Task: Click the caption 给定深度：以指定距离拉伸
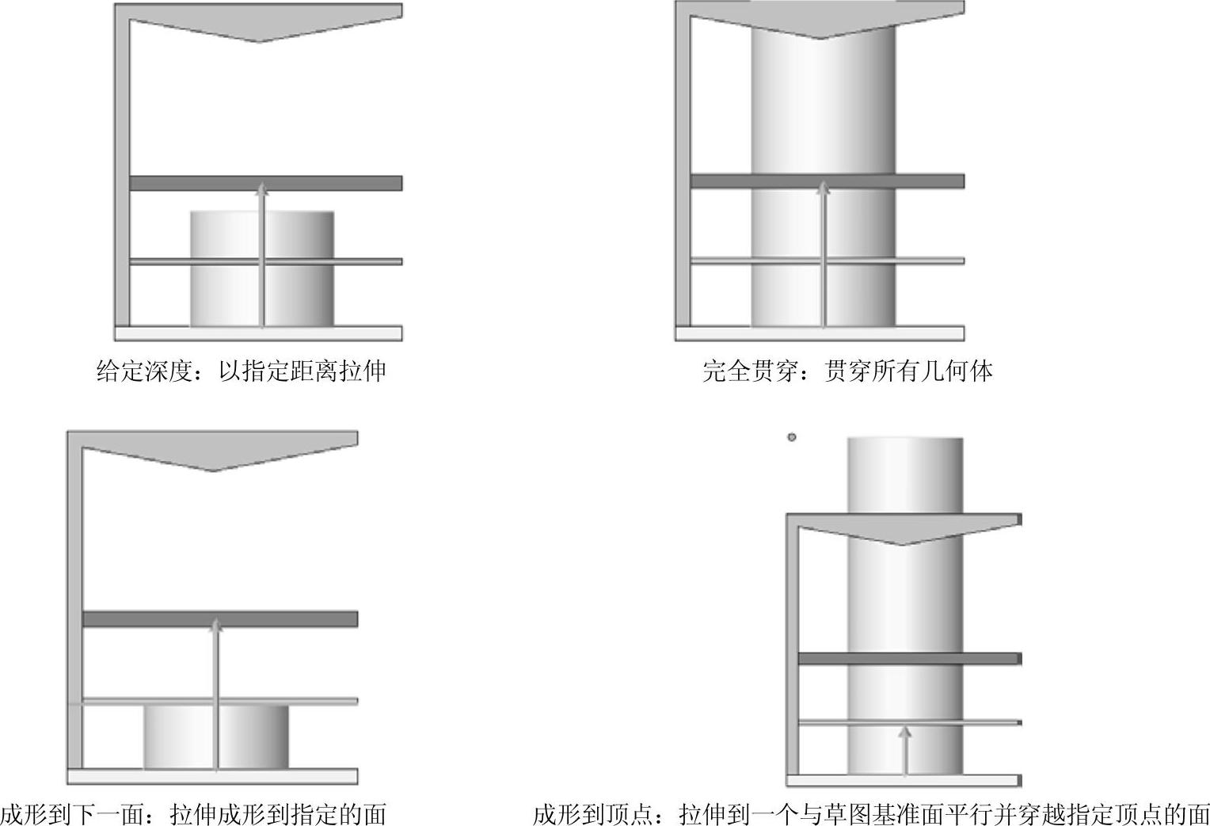click(241, 371)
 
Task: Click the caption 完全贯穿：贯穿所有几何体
click(847, 371)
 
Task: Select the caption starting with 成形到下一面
click(193, 813)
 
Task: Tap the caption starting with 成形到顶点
click(871, 813)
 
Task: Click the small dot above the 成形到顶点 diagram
click(791, 437)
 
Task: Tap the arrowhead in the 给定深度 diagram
click(263, 188)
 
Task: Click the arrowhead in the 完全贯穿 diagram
click(824, 188)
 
